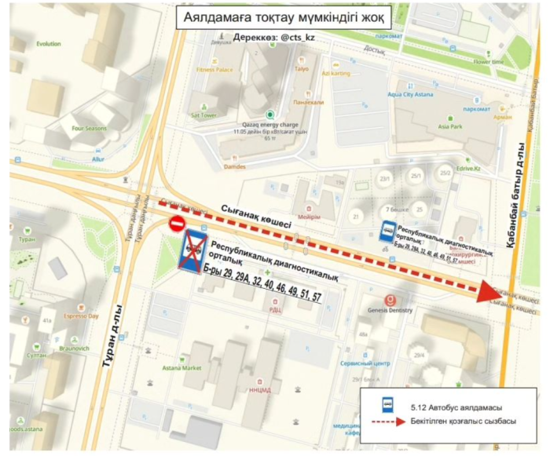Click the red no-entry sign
[x=177, y=224]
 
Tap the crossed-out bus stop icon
[x=193, y=250]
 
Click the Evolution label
[x=48, y=44]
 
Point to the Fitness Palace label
[x=214, y=70]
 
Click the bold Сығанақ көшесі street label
[x=259, y=215]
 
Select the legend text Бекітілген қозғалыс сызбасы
[x=463, y=422]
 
